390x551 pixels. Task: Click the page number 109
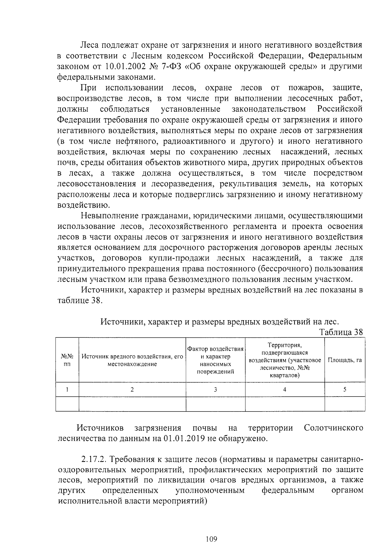211,539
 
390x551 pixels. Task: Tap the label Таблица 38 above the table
341,332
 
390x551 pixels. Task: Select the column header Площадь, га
344,360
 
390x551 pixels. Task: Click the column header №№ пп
67,360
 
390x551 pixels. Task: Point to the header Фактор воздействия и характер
215,353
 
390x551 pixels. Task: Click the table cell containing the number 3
215,389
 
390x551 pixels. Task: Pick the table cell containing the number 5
344,389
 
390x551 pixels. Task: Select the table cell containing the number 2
132,389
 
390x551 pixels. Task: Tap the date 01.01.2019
184,439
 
